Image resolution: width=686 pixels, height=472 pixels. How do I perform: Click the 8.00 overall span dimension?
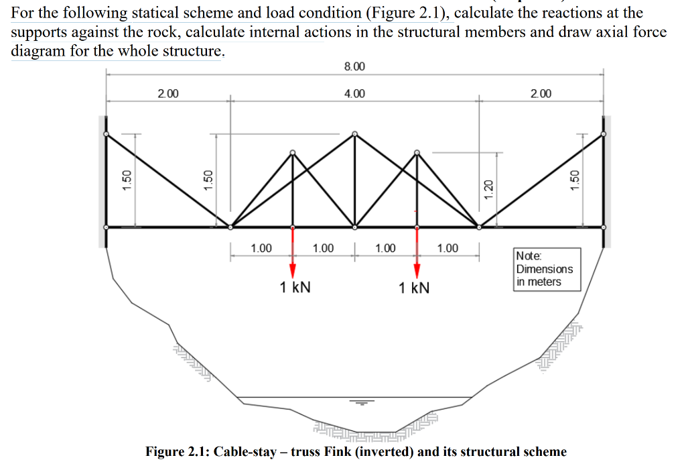[354, 66]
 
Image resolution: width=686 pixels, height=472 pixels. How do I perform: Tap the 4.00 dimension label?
[354, 93]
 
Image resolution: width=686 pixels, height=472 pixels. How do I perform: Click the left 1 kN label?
[295, 288]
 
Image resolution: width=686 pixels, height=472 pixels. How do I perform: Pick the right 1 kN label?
[413, 288]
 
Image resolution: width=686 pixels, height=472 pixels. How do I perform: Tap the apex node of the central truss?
[355, 133]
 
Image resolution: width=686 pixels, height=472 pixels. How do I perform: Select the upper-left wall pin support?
[106, 134]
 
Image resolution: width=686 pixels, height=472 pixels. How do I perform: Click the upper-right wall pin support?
[604, 134]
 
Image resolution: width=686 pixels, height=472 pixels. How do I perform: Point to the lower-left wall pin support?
[106, 227]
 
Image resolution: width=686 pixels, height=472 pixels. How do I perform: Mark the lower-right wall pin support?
[604, 227]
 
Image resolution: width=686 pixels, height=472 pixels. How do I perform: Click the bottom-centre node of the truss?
[355, 227]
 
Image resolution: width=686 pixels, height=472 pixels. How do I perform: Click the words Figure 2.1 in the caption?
[176, 451]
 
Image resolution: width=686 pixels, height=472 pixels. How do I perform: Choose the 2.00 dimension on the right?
[541, 93]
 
